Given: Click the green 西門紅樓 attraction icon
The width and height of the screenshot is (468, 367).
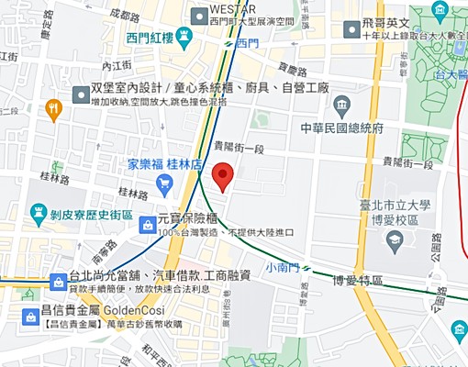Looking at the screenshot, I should pos(184,39).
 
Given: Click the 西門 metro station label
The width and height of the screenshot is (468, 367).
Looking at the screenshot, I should pos(247,42).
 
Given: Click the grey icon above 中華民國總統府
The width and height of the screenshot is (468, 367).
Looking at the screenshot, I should pos(341,104).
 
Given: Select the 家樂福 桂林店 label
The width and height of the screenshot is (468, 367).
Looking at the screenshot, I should pos(164,164).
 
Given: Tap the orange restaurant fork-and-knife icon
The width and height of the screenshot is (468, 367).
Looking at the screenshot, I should pos(53,110).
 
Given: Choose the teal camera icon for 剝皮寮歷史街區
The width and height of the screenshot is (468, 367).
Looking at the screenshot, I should pos(38,212).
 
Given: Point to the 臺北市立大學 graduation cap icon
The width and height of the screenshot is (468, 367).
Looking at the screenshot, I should pos(395,241).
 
